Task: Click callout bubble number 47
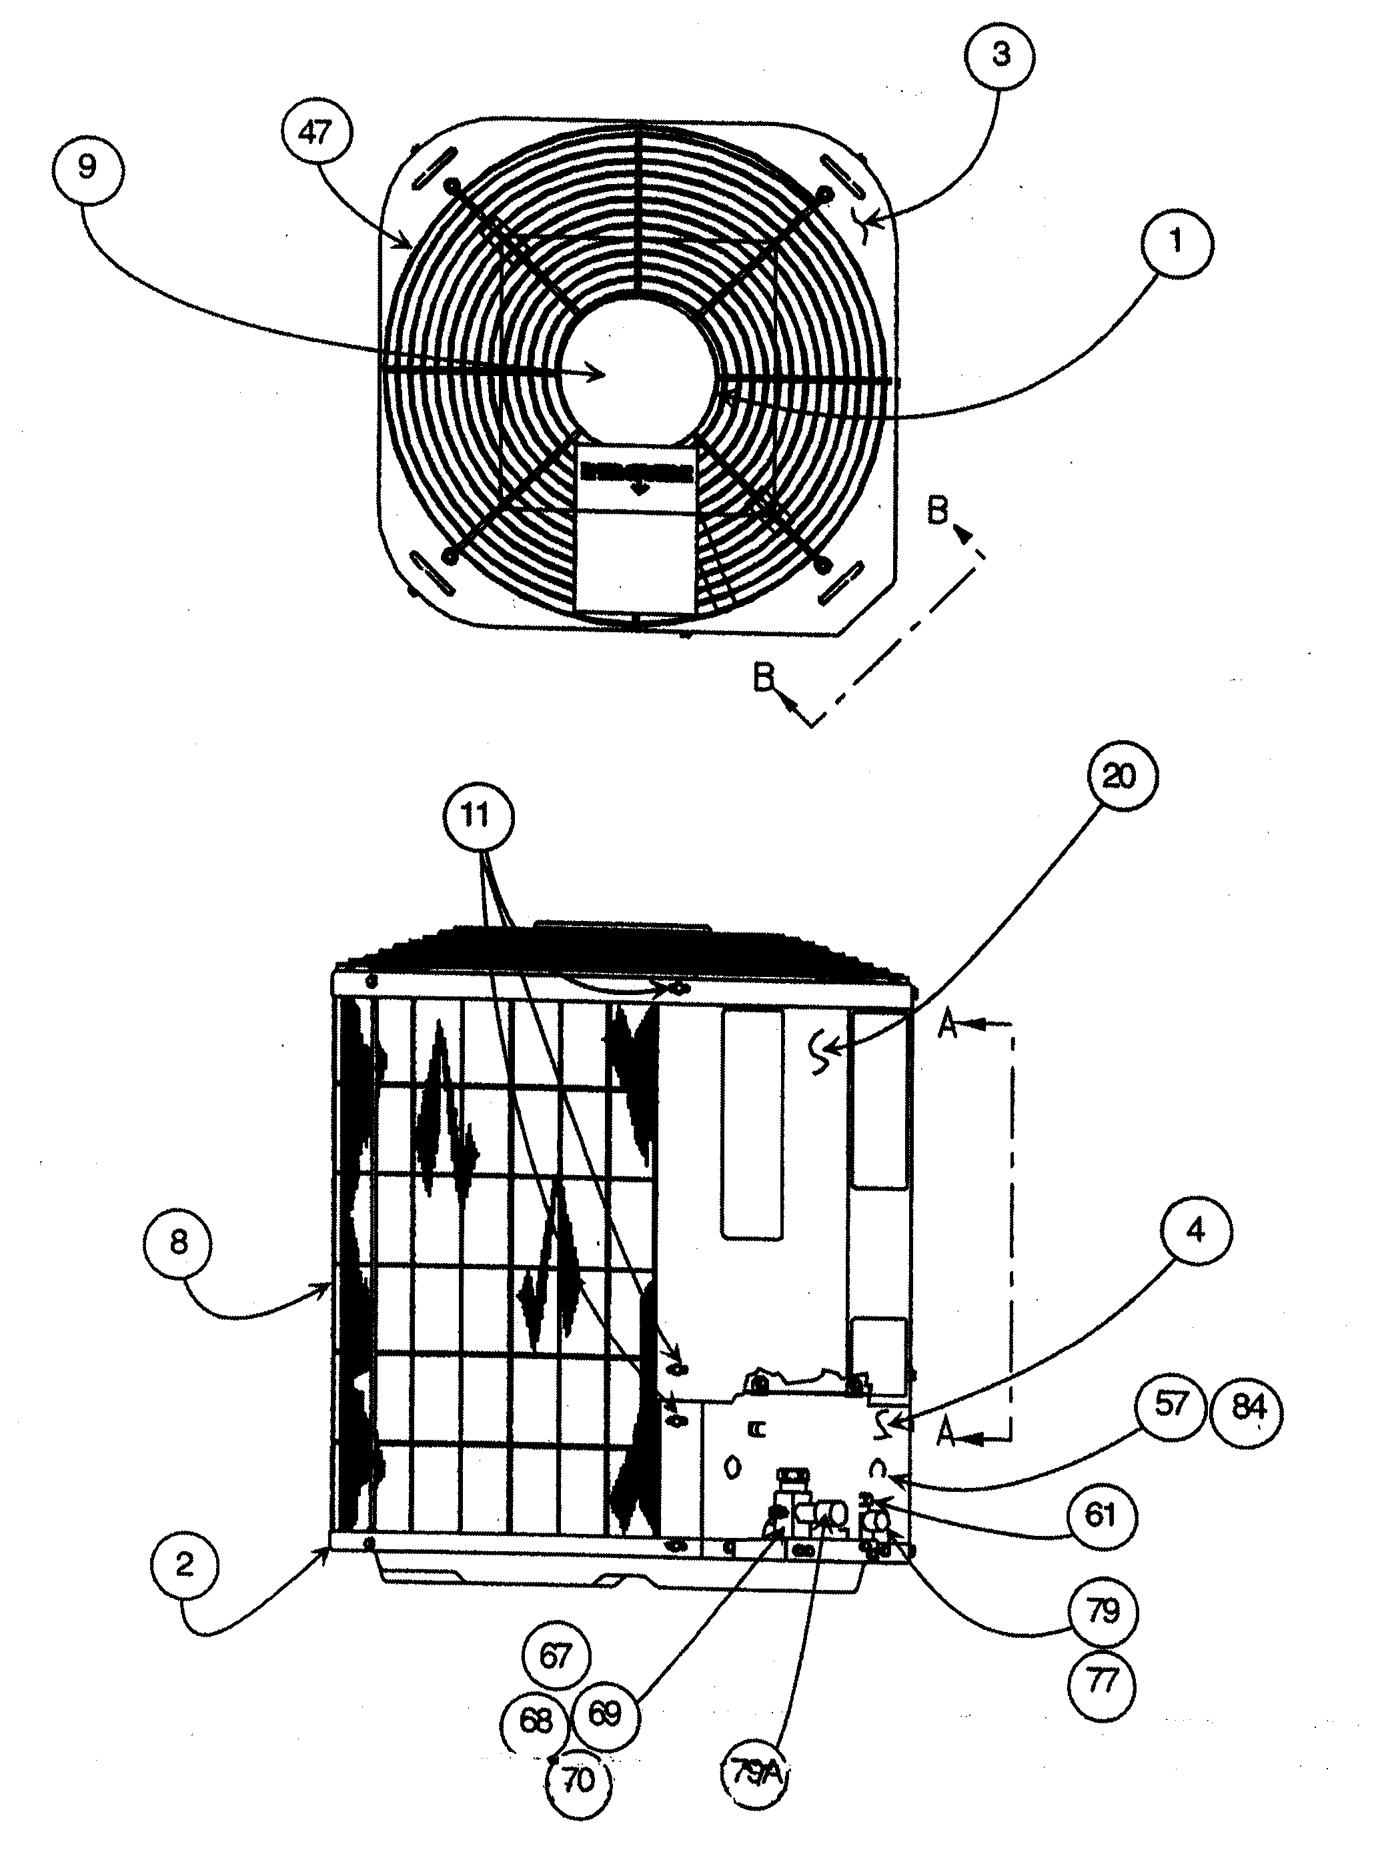click(316, 132)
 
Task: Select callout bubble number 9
click(87, 167)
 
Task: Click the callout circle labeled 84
click(1248, 1409)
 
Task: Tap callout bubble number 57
click(1171, 1405)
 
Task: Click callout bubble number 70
click(578, 1780)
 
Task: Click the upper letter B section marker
click(938, 512)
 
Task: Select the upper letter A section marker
click(946, 1025)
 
